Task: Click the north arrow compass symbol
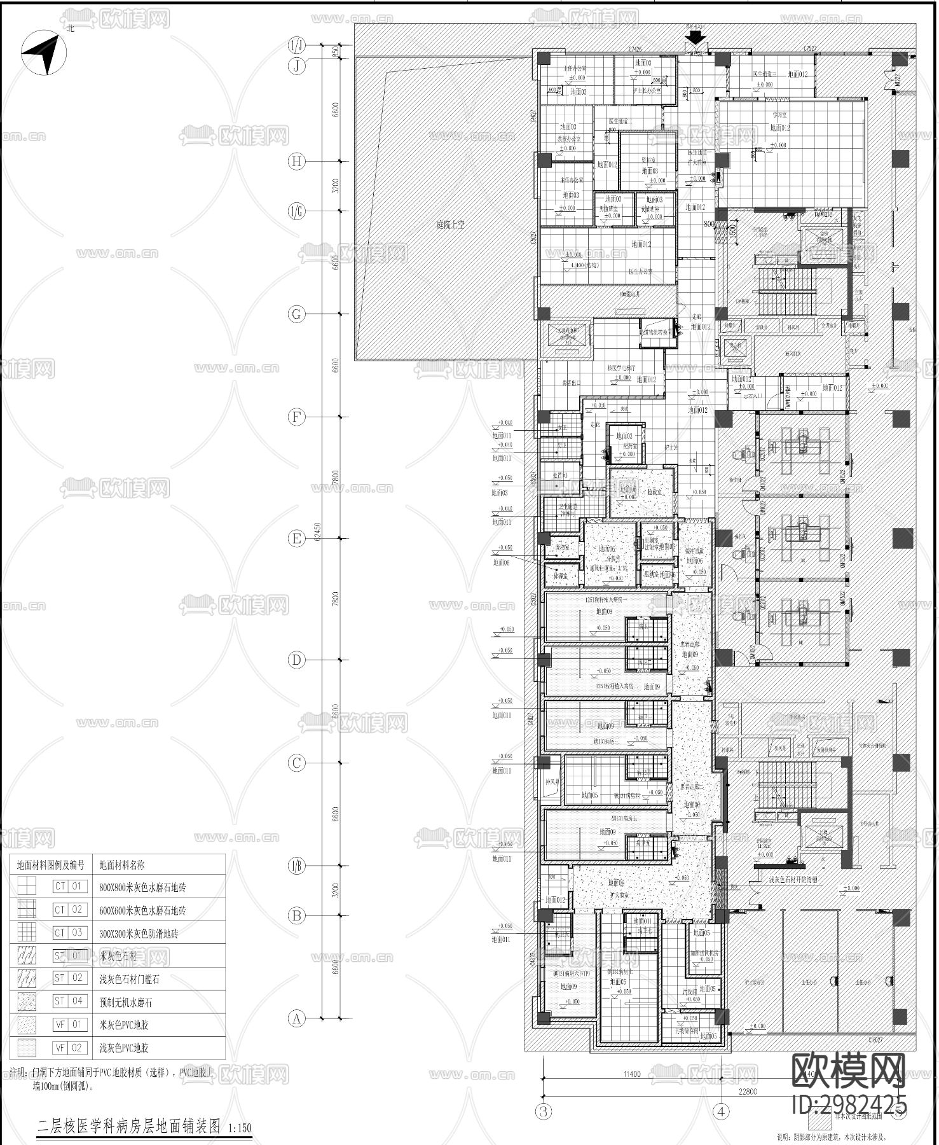[45, 54]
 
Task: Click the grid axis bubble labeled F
[296, 417]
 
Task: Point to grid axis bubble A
[296, 1018]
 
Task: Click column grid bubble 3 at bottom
[544, 1112]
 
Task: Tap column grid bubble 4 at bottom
[721, 1112]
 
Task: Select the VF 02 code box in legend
[69, 1048]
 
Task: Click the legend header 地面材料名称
[122, 865]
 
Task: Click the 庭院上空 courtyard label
[450, 225]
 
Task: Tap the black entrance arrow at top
[696, 38]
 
